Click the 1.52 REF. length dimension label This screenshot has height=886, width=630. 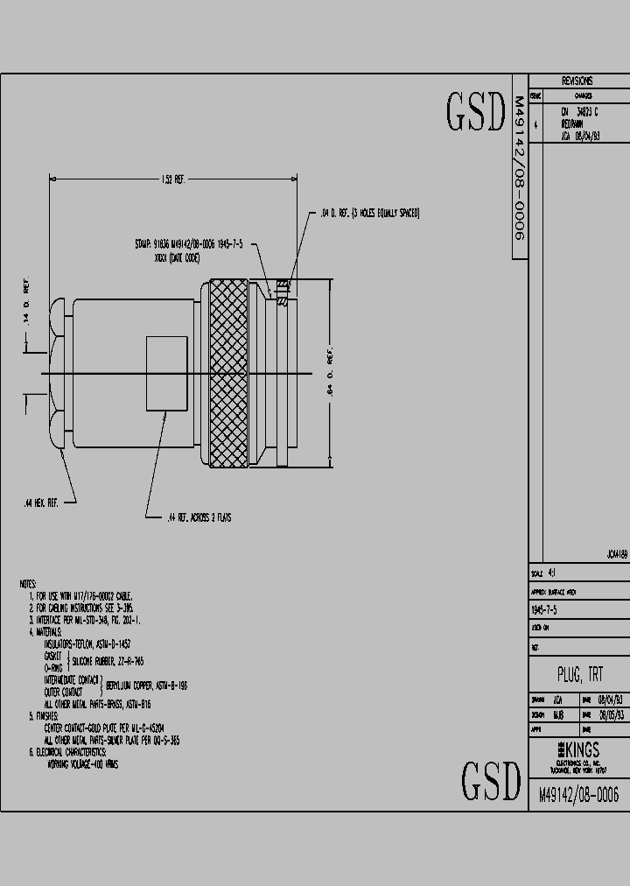[x=172, y=179]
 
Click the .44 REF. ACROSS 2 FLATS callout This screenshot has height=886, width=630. [x=199, y=517]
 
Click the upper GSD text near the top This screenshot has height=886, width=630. [x=476, y=113]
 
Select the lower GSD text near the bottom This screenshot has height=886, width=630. [x=490, y=781]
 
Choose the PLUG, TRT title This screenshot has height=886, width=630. [x=579, y=675]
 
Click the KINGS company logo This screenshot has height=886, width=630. [x=578, y=750]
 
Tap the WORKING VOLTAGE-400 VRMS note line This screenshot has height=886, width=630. [x=82, y=763]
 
